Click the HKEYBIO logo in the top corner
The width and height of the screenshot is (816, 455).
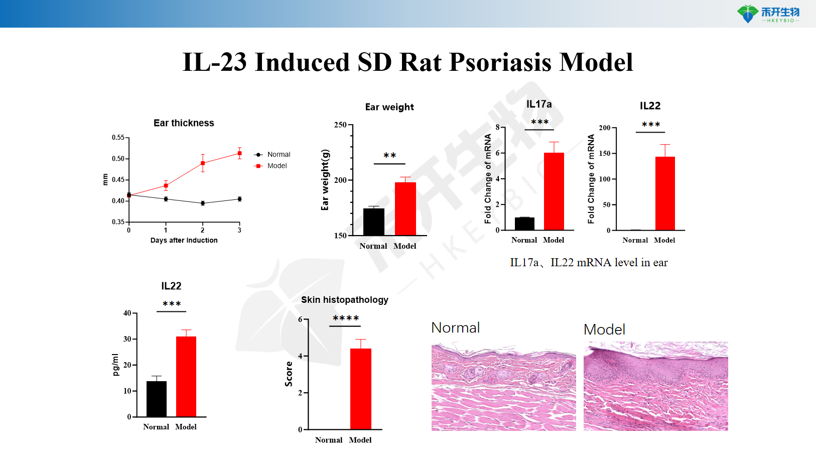coord(768,14)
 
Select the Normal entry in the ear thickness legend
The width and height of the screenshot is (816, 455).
coord(279,155)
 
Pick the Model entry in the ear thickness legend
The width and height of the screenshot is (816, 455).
coord(277,166)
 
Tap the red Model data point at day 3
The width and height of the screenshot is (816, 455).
coord(239,154)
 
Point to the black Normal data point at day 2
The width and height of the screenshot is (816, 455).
coord(203,203)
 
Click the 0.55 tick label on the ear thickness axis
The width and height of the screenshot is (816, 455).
coord(118,138)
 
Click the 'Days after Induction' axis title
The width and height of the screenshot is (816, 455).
coord(184,241)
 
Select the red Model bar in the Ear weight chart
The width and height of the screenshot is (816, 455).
coord(405,208)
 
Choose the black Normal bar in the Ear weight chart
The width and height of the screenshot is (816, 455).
coord(373,221)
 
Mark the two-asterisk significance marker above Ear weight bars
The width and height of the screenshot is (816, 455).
coord(389,156)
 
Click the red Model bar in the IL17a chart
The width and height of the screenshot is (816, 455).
coord(554,191)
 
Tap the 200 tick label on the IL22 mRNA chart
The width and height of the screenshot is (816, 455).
coord(604,128)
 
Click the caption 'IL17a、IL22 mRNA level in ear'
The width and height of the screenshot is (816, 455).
coord(589,263)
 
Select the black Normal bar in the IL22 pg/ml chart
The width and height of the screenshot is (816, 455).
coord(156,399)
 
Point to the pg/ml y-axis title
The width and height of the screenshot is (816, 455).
coord(115,365)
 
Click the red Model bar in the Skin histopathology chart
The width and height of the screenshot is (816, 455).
coord(360,389)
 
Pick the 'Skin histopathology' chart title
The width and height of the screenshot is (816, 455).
coord(344,300)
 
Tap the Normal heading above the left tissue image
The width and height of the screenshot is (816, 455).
coord(455,328)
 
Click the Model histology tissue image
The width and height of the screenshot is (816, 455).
coord(655,386)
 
